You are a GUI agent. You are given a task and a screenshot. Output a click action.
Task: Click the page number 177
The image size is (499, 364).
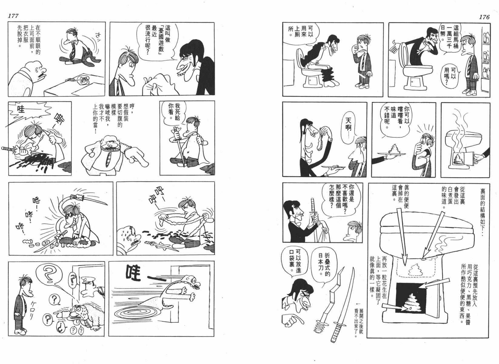pyautogui.click(x=13, y=16)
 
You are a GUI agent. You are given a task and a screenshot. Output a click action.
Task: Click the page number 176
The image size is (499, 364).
pyautogui.click(x=484, y=17)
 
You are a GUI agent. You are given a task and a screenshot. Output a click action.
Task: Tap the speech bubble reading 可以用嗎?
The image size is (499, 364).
pyautogui.click(x=449, y=75)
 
